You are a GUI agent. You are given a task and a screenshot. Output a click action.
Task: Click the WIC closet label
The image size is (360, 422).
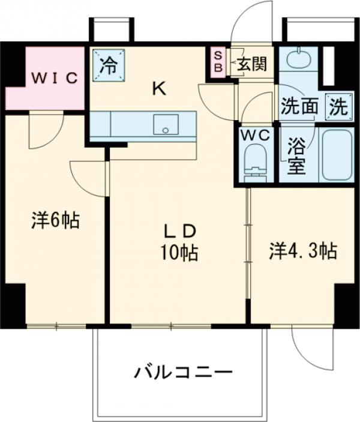click(x=55, y=77)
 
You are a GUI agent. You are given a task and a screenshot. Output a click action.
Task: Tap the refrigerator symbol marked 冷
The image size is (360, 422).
click(x=109, y=64)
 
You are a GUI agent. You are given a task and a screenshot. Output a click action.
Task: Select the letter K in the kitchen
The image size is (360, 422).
click(x=158, y=89)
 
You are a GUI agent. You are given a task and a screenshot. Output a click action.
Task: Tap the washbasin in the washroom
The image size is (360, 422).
click(x=296, y=60)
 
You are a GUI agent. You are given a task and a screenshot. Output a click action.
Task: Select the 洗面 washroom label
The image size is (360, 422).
click(x=299, y=107)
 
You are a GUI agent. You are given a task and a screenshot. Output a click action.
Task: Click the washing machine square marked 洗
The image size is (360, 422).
click(x=338, y=107)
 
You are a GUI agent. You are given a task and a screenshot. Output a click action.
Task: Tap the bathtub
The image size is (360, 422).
click(x=338, y=154)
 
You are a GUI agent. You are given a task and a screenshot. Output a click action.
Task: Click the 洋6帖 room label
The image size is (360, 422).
click(x=55, y=221)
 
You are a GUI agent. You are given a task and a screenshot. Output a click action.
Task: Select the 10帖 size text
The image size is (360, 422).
click(x=178, y=253)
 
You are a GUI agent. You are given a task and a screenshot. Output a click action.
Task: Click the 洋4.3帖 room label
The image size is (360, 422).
click(x=302, y=250)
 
